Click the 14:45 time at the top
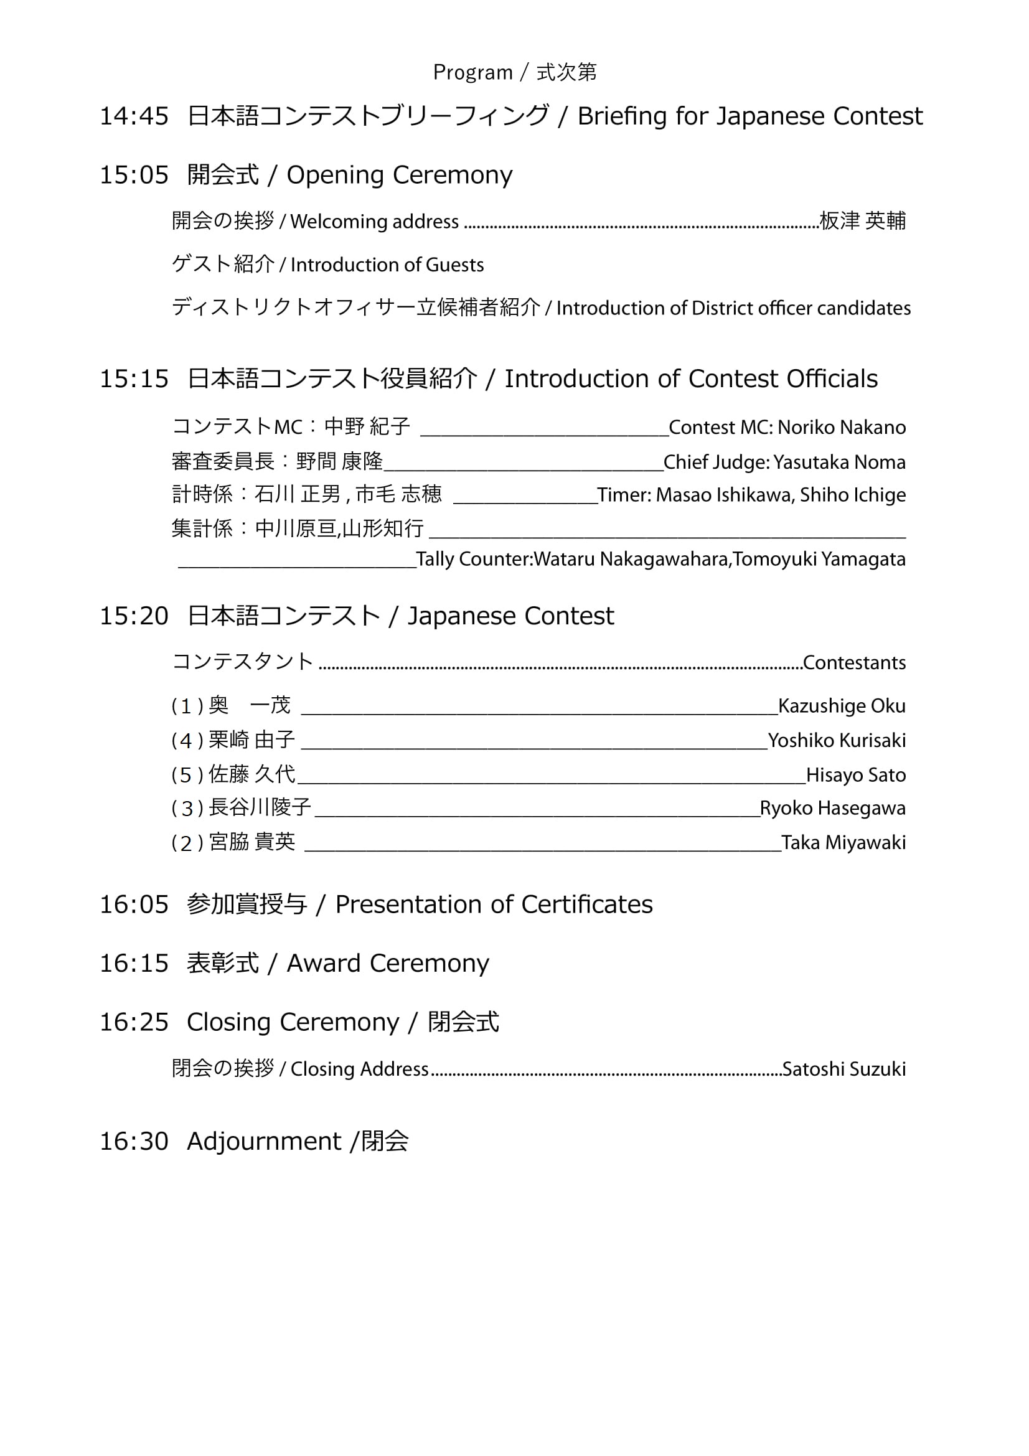point(134,116)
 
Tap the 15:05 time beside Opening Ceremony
point(134,175)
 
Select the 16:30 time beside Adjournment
point(134,1142)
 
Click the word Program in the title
point(472,73)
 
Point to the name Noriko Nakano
point(842,428)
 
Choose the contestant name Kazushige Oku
point(842,706)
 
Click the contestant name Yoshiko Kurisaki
point(836,741)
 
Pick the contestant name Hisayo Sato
point(855,775)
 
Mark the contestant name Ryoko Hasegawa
point(832,809)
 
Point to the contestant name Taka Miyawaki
point(843,843)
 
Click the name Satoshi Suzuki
point(844,1069)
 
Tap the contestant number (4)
point(187,741)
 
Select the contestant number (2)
point(187,843)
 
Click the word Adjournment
point(264,1142)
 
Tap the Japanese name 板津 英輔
point(862,221)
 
